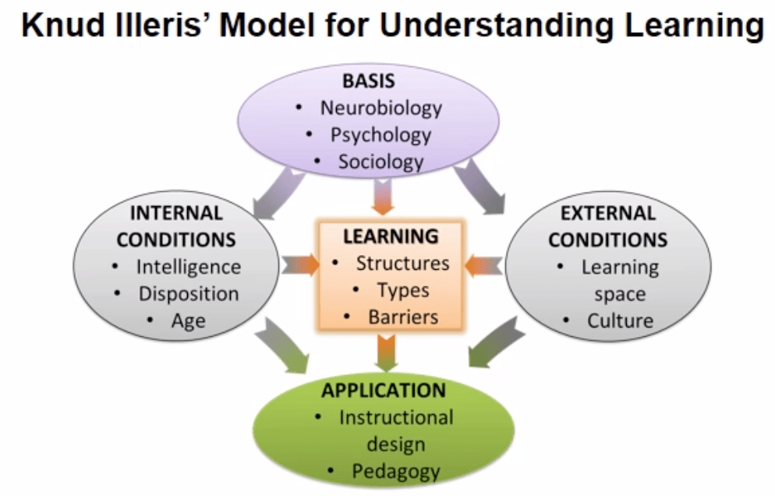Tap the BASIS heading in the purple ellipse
click(x=369, y=81)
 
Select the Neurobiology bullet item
click(x=380, y=108)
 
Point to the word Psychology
click(x=380, y=134)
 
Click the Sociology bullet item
click(x=380, y=161)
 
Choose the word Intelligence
click(x=188, y=267)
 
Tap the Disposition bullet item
click(x=188, y=294)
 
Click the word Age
click(x=188, y=321)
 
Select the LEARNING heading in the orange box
click(x=391, y=236)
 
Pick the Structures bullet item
click(x=402, y=263)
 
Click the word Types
click(x=402, y=290)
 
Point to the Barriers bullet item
click(x=402, y=317)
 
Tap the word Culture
click(x=620, y=321)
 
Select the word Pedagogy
click(x=396, y=471)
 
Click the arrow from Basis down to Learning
click(x=384, y=195)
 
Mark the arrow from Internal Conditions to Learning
click(x=300, y=264)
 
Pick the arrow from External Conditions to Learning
click(x=483, y=265)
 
